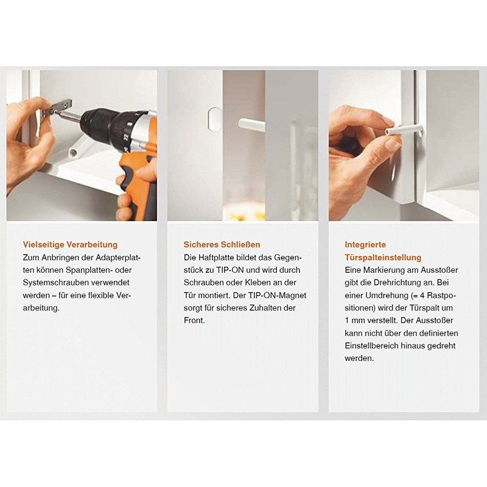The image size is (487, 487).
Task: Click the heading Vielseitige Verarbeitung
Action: (70, 245)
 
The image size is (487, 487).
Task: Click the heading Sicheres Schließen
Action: (222, 245)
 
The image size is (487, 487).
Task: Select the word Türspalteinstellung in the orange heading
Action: (383, 258)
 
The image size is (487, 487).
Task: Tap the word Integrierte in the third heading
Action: (365, 245)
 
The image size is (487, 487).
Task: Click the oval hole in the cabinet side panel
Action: (215, 119)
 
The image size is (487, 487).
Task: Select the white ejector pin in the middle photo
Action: (251, 124)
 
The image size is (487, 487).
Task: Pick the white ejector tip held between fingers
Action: (404, 129)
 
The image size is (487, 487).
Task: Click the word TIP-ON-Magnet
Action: (277, 295)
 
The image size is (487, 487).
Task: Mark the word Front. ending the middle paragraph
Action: (194, 321)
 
